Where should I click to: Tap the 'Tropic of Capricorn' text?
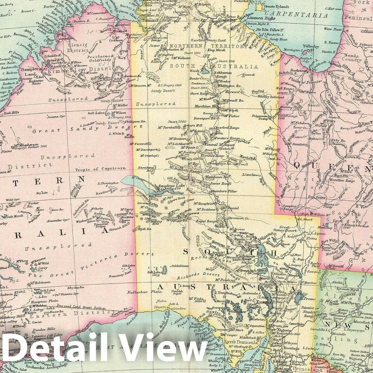click(x=100, y=169)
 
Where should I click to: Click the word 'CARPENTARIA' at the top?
click(x=296, y=15)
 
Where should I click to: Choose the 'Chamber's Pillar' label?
click(x=224, y=191)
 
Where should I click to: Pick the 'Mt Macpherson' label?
click(x=26, y=145)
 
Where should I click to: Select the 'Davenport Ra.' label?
click(x=204, y=118)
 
